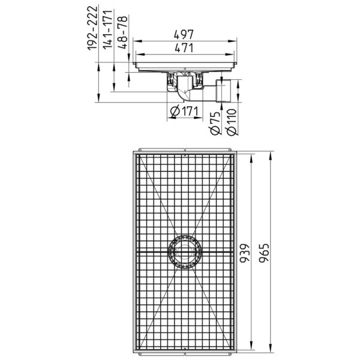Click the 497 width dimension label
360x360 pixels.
pyautogui.click(x=184, y=34)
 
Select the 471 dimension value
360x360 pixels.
pyautogui.click(x=184, y=48)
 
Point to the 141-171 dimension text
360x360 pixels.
pyautogui.click(x=107, y=29)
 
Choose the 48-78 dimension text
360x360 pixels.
pyautogui.click(x=122, y=32)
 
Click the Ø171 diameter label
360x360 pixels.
pyautogui.click(x=184, y=112)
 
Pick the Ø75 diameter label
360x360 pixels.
pyautogui.click(x=215, y=123)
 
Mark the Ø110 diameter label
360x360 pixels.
pyautogui.click(x=231, y=122)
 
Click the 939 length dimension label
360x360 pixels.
pyautogui.click(x=245, y=253)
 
